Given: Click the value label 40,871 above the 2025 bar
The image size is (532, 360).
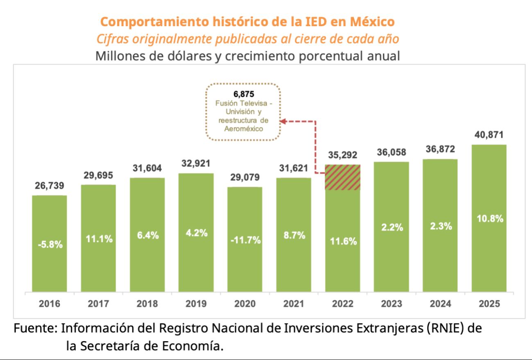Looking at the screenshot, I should [x=489, y=136].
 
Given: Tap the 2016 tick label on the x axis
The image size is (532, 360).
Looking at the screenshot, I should [x=49, y=304].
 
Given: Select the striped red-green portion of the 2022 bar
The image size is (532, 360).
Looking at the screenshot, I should [x=342, y=177].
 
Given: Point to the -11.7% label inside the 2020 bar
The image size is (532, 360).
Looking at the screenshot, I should [x=245, y=240].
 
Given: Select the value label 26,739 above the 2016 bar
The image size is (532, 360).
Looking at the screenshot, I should [x=49, y=186].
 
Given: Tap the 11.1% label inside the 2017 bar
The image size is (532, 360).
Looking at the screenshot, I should [x=98, y=239].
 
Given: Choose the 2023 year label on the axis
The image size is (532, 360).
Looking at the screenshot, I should [x=391, y=304].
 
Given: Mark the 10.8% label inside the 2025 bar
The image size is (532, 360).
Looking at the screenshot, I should [x=489, y=219].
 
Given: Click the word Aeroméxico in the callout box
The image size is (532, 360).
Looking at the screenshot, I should [x=244, y=128].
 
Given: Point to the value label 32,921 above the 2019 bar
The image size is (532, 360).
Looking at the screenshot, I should [x=196, y=164].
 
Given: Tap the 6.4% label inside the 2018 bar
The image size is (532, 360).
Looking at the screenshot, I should [x=147, y=236].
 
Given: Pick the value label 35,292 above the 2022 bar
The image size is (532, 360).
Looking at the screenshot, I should [x=342, y=155].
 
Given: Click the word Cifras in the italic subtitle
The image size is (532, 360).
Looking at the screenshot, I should [x=112, y=39].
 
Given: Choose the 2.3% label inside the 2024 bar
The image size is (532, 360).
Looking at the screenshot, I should [x=440, y=226].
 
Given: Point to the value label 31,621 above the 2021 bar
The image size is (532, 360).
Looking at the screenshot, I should [x=293, y=168].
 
